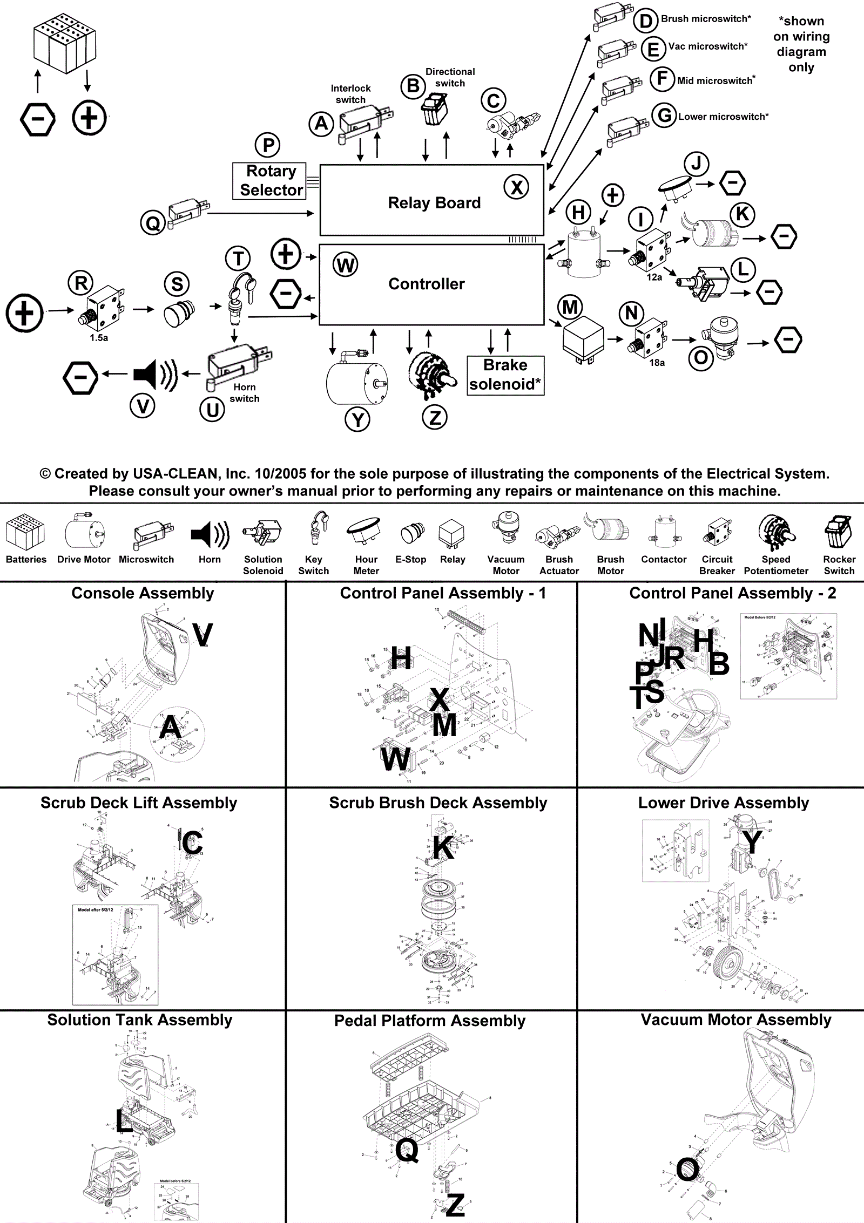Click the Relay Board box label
coord(434,203)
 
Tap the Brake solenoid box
coord(505,375)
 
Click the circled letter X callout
coord(516,187)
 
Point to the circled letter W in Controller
coord(346,265)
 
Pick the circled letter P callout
coord(267,145)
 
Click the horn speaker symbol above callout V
coord(155,373)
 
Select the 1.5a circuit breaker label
coord(99,338)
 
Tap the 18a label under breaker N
coord(657,363)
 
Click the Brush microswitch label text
coord(706,19)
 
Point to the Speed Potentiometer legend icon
coord(776,532)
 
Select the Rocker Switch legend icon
coord(839,532)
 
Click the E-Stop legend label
coord(410,560)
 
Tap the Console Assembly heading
coord(143,593)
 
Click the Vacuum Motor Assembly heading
coord(735,1020)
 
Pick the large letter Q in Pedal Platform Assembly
coord(407,1150)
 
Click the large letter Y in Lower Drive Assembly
coord(751,842)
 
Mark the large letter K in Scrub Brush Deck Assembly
coord(443,847)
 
